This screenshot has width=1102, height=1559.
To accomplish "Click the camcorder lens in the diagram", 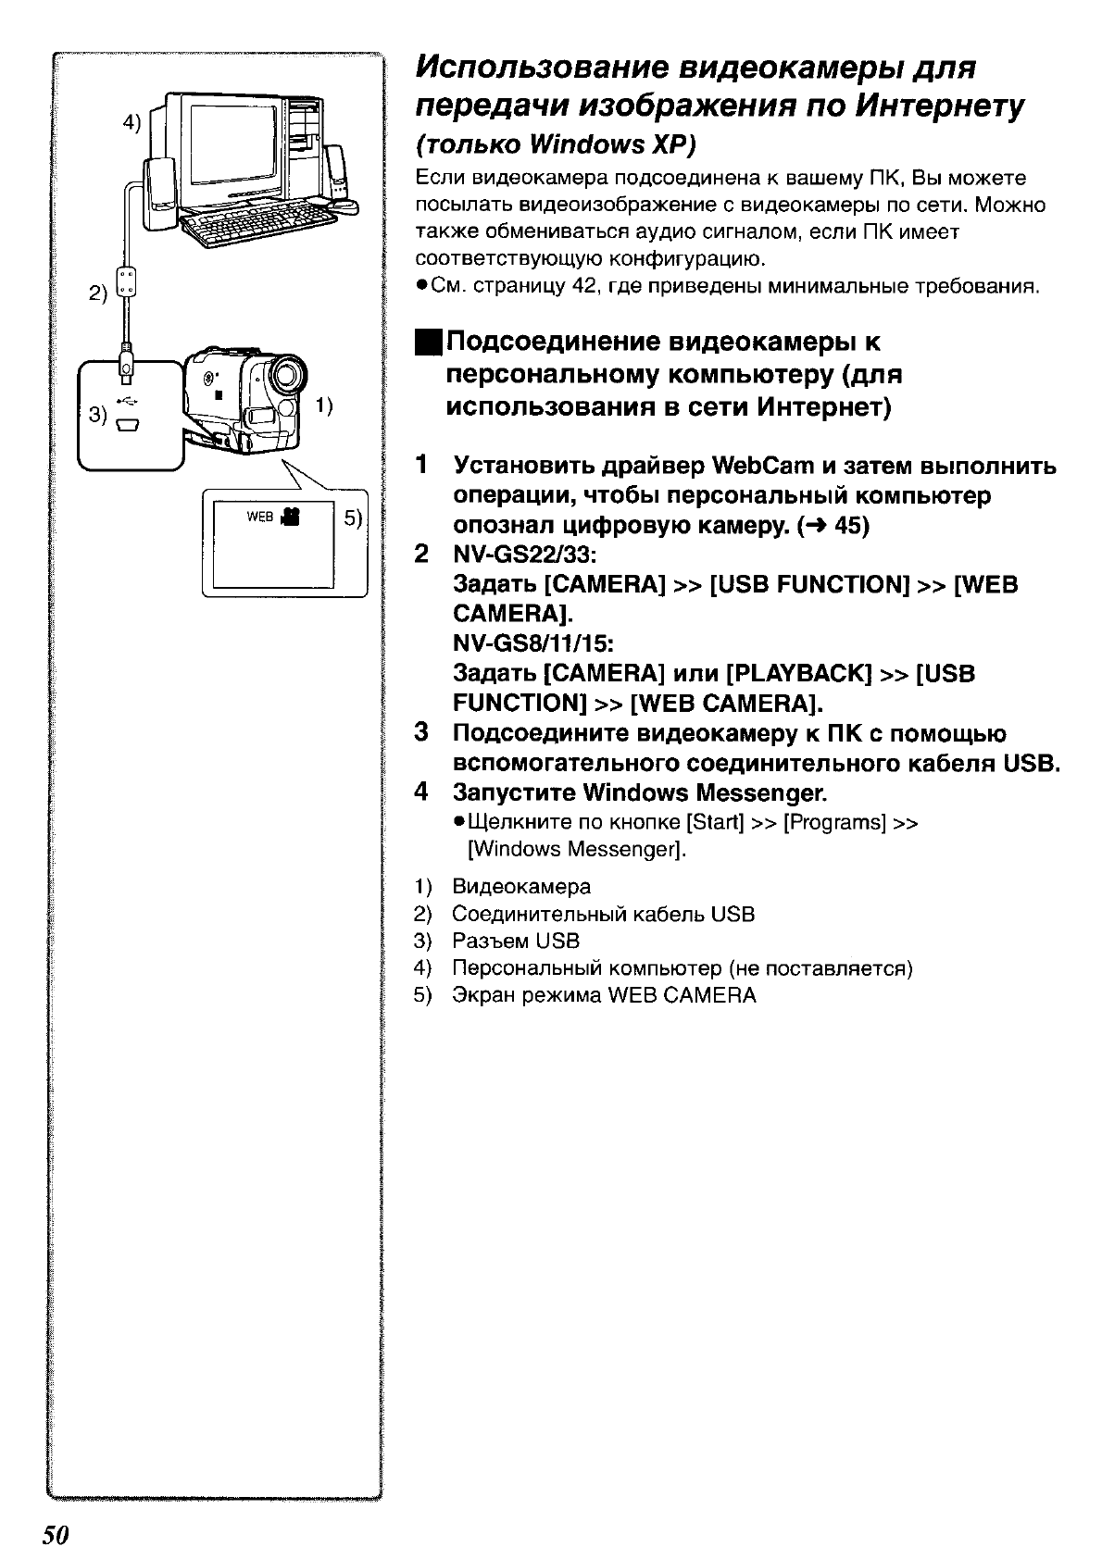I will (288, 376).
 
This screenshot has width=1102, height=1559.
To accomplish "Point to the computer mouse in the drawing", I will (344, 206).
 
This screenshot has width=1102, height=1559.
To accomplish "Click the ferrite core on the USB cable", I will (128, 282).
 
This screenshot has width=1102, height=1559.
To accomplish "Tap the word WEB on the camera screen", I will (259, 517).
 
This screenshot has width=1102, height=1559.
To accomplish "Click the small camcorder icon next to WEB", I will (289, 516).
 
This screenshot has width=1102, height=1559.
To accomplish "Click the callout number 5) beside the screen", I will (354, 518).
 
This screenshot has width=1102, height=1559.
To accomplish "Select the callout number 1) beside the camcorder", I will (324, 405).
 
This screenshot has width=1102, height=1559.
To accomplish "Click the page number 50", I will (56, 1534).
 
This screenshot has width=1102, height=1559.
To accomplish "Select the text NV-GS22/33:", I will (524, 555).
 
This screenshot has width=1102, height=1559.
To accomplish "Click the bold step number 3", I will (421, 733).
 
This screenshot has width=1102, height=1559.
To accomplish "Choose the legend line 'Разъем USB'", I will (516, 942).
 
